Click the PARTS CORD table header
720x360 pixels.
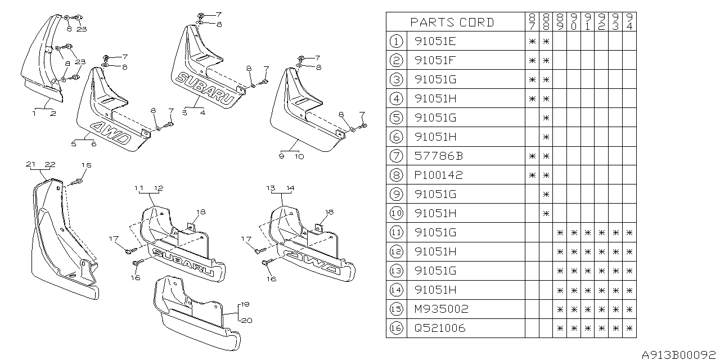click(x=452, y=22)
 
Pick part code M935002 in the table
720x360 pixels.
click(x=440, y=309)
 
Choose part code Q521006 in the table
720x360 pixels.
click(x=440, y=328)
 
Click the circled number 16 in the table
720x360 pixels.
click(x=397, y=328)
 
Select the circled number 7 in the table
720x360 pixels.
click(x=397, y=156)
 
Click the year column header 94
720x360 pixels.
click(x=629, y=22)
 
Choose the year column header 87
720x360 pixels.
click(x=531, y=22)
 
